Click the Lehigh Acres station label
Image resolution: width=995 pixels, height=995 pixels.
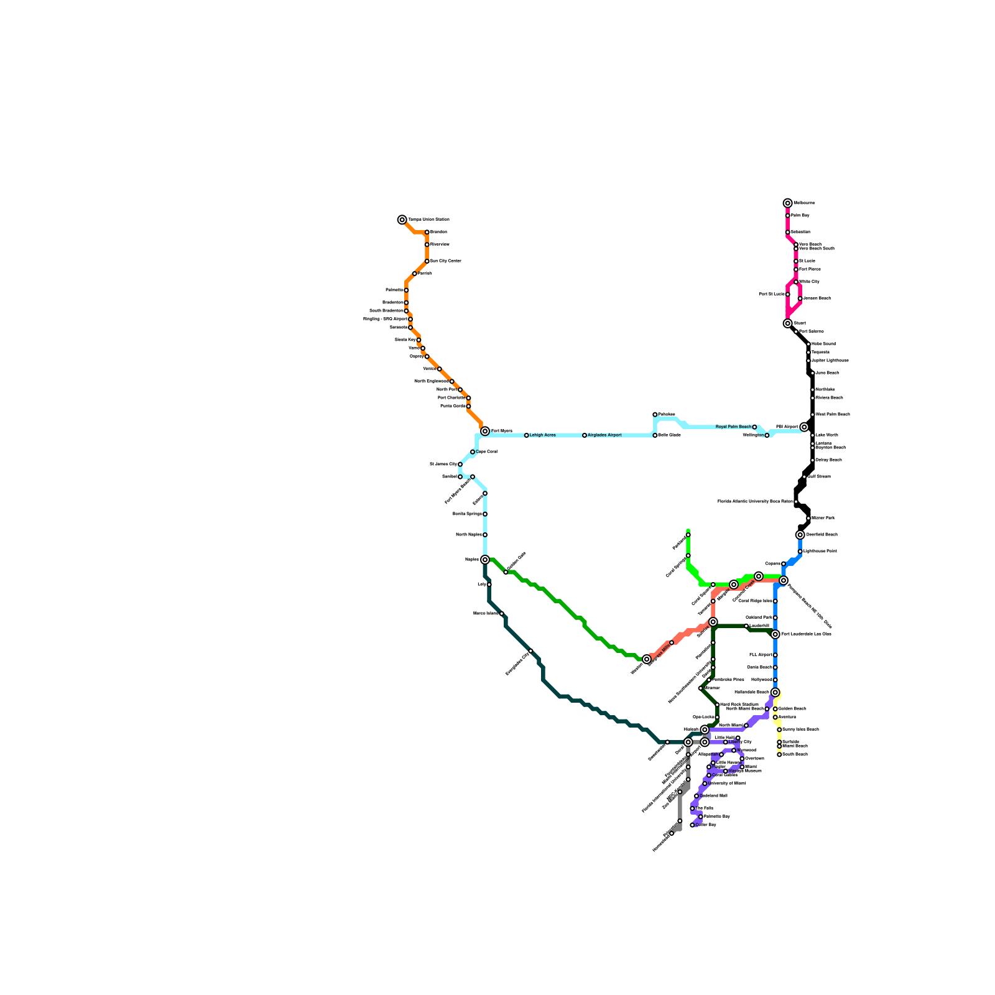(x=542, y=435)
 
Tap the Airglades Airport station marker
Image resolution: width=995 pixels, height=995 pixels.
(x=585, y=435)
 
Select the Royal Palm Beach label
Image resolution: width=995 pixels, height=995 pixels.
(x=733, y=427)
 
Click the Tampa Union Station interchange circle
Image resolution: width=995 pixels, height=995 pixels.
(x=402, y=220)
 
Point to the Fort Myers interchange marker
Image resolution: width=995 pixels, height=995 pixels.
(x=485, y=431)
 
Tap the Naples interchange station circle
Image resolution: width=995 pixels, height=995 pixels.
(x=485, y=560)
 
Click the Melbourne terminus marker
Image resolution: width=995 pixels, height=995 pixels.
(x=788, y=203)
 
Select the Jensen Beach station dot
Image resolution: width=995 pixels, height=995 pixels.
(x=800, y=298)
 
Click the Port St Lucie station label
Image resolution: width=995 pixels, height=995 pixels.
(x=772, y=294)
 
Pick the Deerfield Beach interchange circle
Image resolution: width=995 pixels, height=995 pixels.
(x=800, y=535)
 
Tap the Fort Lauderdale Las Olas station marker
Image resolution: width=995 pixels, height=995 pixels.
(x=775, y=634)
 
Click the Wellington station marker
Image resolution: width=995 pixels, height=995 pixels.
(x=767, y=435)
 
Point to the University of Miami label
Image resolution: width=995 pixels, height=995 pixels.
(x=727, y=784)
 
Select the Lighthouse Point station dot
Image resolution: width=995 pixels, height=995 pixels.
(x=800, y=552)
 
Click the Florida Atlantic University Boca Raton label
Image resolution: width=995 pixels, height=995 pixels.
(x=755, y=501)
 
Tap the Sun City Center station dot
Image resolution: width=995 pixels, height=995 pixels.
(x=427, y=261)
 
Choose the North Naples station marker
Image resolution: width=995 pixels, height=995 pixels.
(x=485, y=535)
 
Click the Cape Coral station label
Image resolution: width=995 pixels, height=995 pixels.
(x=486, y=452)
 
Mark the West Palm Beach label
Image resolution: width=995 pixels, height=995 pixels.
(x=833, y=415)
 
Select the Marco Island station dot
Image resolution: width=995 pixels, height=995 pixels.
(x=502, y=614)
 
